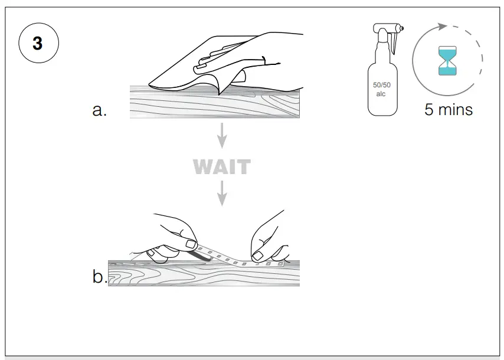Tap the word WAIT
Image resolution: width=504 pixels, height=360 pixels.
pos(221,167)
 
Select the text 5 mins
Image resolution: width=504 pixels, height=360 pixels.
pos(449,110)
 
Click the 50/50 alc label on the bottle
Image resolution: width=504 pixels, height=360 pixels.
pos(381,90)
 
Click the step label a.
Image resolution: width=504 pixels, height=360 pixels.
pos(100,110)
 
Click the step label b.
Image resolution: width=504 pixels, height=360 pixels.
pos(99,277)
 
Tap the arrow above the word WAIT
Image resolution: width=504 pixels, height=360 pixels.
pos(222,137)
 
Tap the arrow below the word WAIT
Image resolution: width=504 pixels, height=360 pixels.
pos(222,194)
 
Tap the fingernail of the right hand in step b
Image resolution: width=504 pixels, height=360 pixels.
pos(258,256)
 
